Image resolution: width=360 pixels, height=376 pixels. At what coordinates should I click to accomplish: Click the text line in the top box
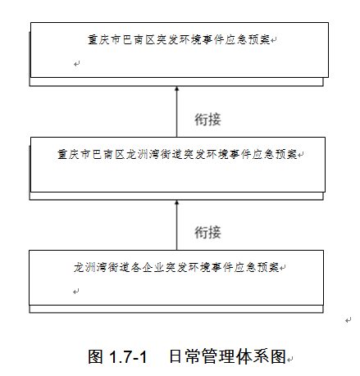(179, 40)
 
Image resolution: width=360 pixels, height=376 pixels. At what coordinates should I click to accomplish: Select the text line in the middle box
(177, 155)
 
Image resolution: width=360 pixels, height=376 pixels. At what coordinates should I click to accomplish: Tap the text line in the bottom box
(176, 267)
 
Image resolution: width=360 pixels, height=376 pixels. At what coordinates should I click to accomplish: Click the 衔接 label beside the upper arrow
(207, 120)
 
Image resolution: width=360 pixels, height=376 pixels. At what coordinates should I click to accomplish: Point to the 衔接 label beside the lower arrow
(207, 233)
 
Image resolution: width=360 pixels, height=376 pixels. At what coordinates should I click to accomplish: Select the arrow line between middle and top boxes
(177, 111)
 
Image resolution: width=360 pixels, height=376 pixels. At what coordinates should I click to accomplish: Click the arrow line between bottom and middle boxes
(177, 225)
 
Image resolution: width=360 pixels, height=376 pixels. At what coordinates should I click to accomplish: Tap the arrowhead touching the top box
(177, 88)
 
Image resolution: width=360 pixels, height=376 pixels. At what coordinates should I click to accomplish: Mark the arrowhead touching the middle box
(177, 202)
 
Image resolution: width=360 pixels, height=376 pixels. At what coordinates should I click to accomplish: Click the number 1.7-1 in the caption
(128, 356)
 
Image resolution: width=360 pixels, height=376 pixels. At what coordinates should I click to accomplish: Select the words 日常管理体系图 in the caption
(227, 356)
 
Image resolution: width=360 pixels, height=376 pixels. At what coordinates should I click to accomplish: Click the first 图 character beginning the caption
(96, 356)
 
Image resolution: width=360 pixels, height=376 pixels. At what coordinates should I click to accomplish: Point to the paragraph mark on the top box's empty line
(77, 64)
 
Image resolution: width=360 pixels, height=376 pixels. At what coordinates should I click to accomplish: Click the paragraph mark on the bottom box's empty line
(76, 292)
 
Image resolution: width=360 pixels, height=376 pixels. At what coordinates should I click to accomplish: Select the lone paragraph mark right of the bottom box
(348, 320)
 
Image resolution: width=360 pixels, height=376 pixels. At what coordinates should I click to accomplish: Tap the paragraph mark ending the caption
(289, 359)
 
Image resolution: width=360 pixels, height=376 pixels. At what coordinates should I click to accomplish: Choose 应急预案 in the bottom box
(256, 267)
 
